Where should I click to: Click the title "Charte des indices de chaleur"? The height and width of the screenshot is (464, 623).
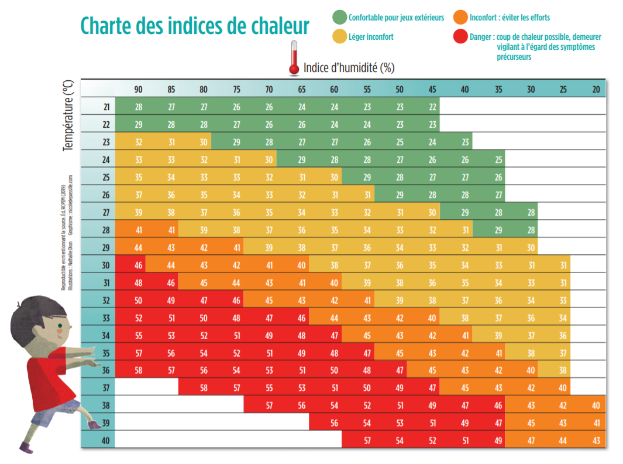(194, 26)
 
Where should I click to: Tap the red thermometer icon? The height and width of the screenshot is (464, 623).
(294, 59)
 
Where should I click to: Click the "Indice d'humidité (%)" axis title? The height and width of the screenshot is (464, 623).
(349, 68)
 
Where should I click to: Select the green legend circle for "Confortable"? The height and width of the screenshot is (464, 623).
(339, 17)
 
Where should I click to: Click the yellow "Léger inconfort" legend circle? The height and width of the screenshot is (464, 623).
(339, 36)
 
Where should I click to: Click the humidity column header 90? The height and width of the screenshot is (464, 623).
(138, 90)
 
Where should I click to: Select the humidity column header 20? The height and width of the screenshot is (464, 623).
(596, 90)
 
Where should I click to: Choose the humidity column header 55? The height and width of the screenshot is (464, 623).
(367, 90)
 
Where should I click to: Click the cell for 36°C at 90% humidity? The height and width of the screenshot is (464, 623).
(138, 370)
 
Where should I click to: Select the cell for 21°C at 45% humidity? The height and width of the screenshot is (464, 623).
(432, 107)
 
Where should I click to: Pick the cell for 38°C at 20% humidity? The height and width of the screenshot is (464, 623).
(596, 405)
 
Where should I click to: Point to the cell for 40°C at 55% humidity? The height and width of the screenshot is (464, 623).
(367, 440)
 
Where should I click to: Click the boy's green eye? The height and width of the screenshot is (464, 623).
(60, 326)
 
